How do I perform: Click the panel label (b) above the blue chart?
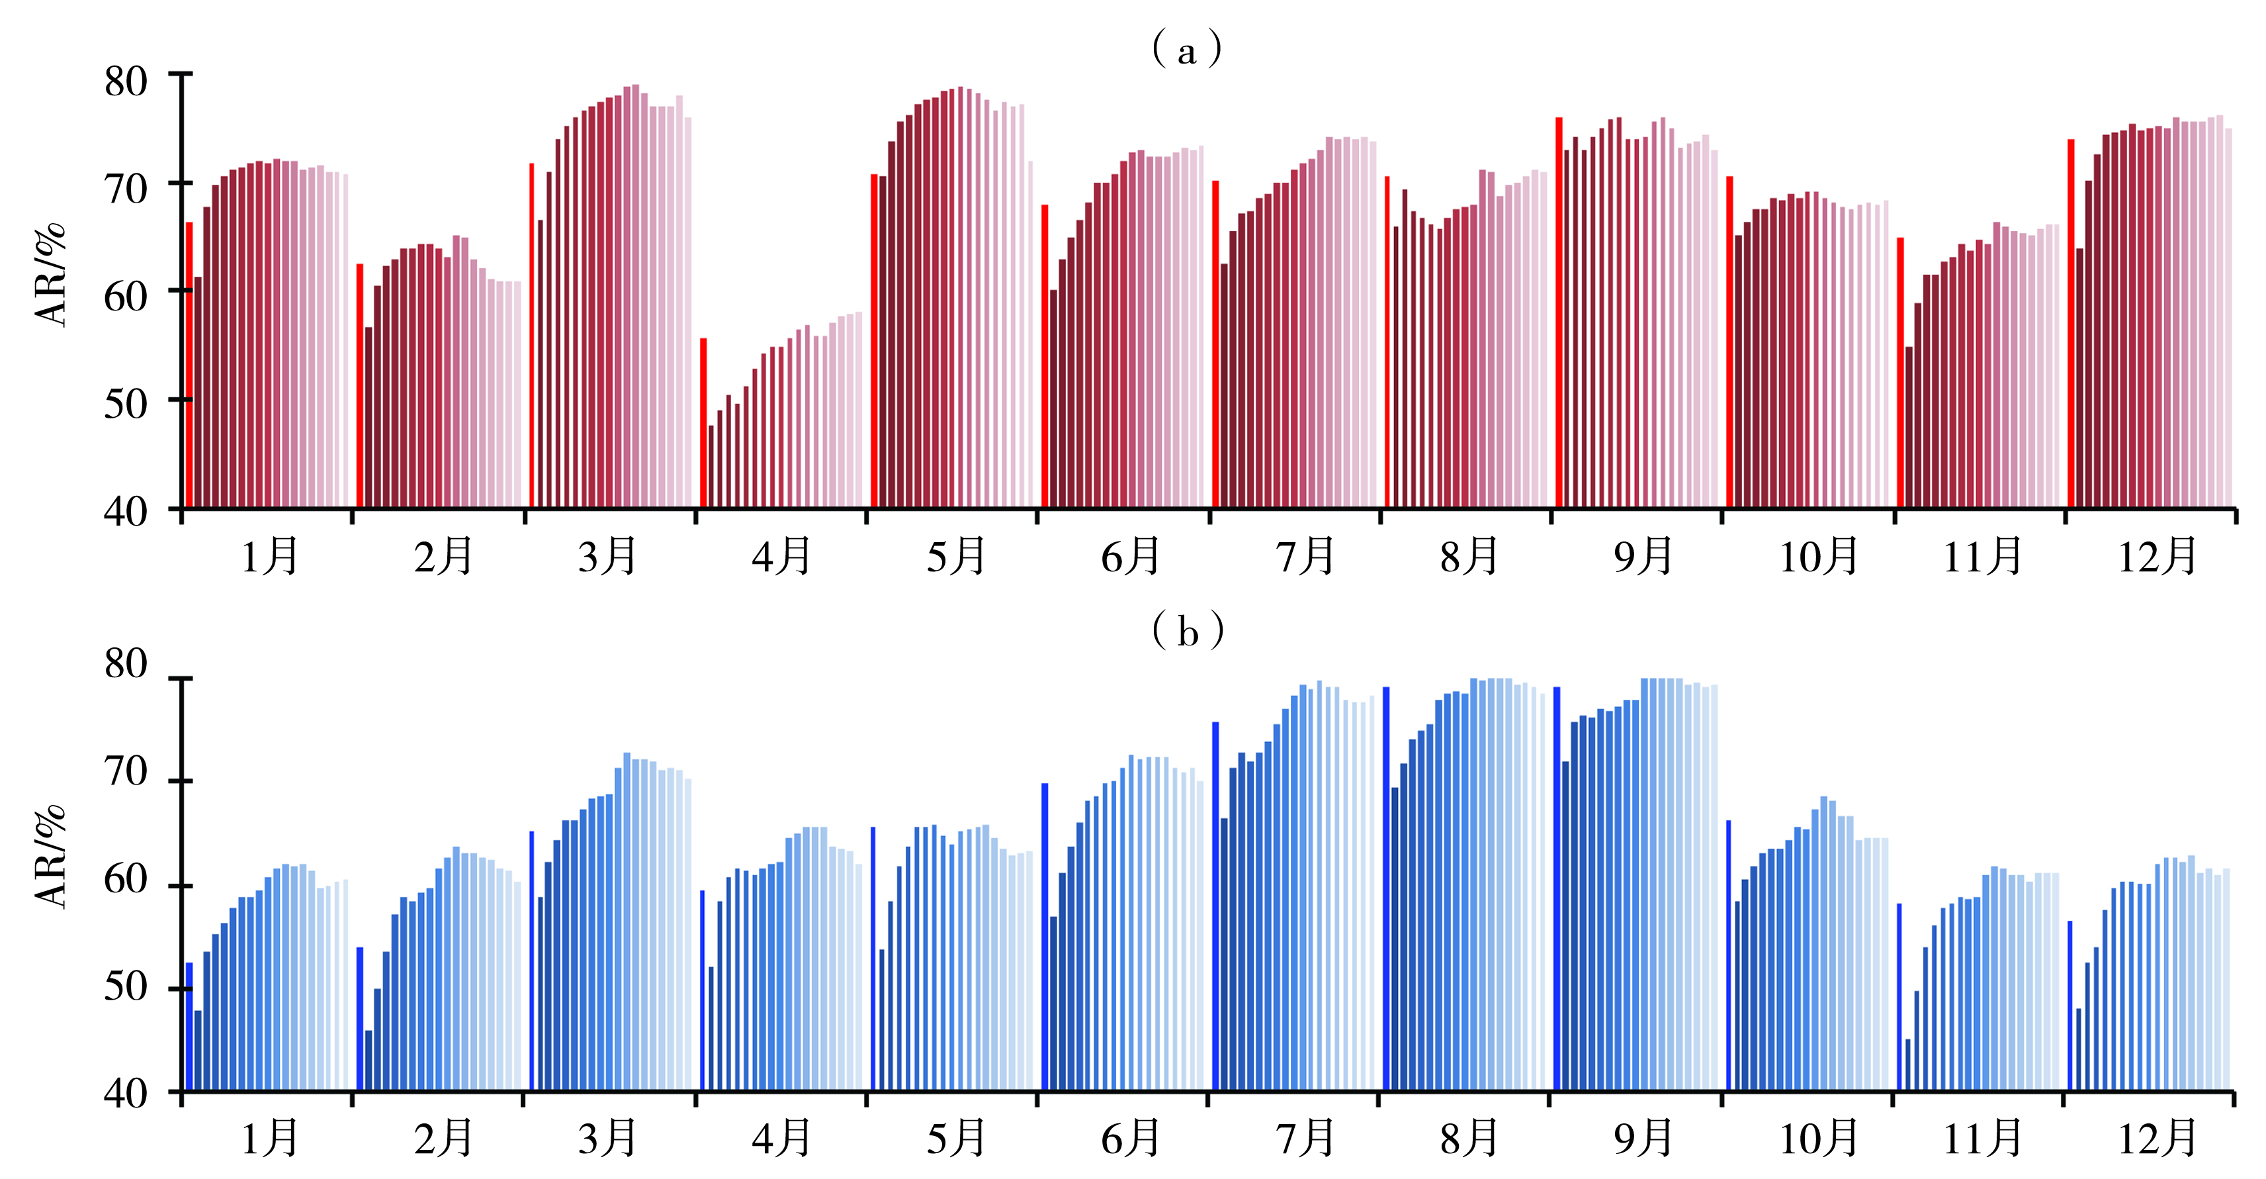[1187, 631]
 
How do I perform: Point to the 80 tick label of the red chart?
[126, 82]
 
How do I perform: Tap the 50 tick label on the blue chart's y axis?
[126, 986]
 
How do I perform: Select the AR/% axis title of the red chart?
[51, 275]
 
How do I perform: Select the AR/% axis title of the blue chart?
[51, 856]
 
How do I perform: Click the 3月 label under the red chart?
[607, 557]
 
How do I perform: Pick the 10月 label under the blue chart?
[1817, 1139]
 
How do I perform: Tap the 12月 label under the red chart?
[2157, 557]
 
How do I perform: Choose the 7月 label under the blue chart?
[1305, 1139]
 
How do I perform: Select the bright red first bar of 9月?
[1559, 312]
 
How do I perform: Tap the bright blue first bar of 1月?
[189, 1027]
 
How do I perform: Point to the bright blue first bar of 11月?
[1899, 997]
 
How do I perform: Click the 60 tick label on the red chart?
[126, 297]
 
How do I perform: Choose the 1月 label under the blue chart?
[270, 1139]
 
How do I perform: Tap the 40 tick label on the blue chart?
[126, 1094]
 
